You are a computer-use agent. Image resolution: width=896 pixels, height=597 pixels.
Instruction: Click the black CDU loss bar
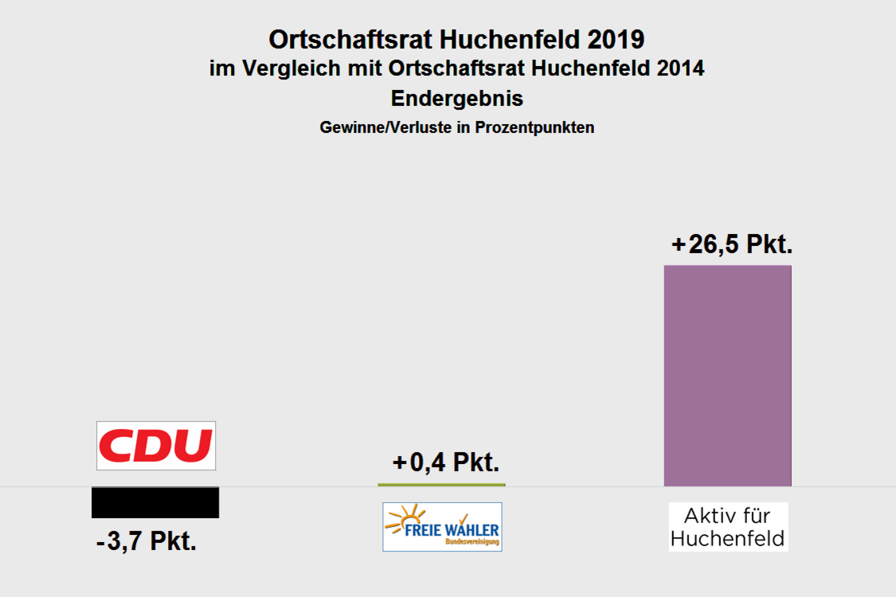(x=155, y=502)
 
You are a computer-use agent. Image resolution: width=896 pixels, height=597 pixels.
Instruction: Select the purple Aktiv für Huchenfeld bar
(x=727, y=375)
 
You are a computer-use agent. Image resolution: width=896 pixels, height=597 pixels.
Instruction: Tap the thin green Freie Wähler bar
(x=441, y=485)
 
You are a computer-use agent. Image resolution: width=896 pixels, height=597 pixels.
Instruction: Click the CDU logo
(x=156, y=446)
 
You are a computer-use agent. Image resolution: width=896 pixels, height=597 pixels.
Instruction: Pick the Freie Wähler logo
(x=442, y=527)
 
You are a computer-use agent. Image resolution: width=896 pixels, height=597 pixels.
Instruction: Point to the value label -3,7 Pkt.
(x=147, y=543)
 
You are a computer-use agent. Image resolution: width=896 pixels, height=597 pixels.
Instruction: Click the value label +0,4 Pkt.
(x=446, y=462)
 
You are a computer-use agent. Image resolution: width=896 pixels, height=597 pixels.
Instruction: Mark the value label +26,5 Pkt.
(x=732, y=244)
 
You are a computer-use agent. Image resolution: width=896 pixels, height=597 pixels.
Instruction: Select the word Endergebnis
(x=457, y=99)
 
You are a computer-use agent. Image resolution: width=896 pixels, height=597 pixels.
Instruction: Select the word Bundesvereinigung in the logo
(x=472, y=542)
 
